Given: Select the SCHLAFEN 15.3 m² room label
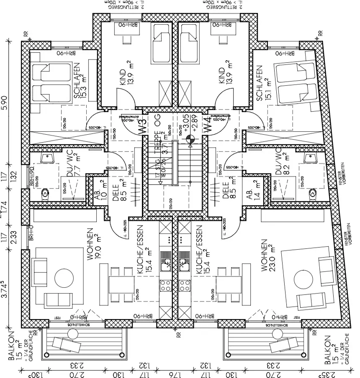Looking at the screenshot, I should pyautogui.click(x=80, y=82).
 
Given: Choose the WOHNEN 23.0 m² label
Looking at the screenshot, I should pyautogui.click(x=267, y=256).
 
